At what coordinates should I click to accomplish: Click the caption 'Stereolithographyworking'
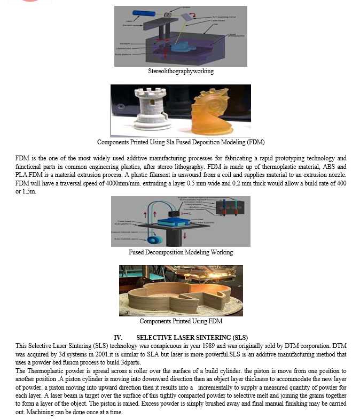click(x=181, y=71)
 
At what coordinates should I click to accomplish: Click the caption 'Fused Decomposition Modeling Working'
click(x=181, y=252)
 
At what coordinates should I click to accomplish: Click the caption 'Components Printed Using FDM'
click(x=181, y=321)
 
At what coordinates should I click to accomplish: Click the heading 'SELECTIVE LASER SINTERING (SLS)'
click(x=192, y=337)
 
